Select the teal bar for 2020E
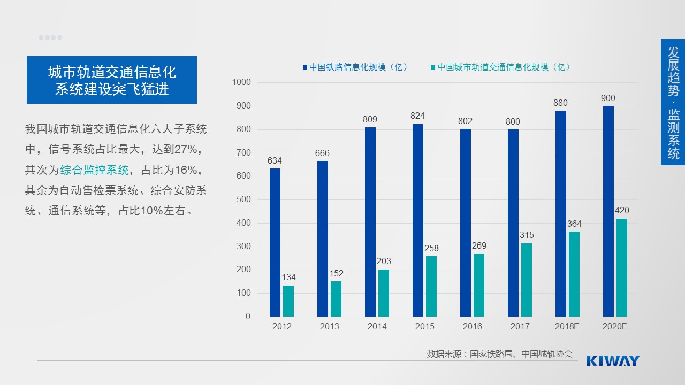pyautogui.click(x=621, y=267)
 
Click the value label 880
pyautogui.click(x=560, y=103)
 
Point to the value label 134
pyautogui.click(x=288, y=278)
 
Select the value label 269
pyautogui.click(x=479, y=246)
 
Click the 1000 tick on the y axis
pyautogui.click(x=241, y=82)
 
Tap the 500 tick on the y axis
pyautogui.click(x=243, y=199)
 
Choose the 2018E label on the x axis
pyautogui.click(x=567, y=326)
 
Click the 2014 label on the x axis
pyautogui.click(x=377, y=326)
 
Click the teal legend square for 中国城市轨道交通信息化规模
pyautogui.click(x=432, y=67)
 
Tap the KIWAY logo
pyautogui.click(x=613, y=360)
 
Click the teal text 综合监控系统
pyautogui.click(x=95, y=170)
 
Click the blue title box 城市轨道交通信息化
pyautogui.click(x=112, y=80)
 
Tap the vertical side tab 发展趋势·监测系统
pyautogui.click(x=673, y=102)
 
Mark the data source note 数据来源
pyautogui.click(x=499, y=353)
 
